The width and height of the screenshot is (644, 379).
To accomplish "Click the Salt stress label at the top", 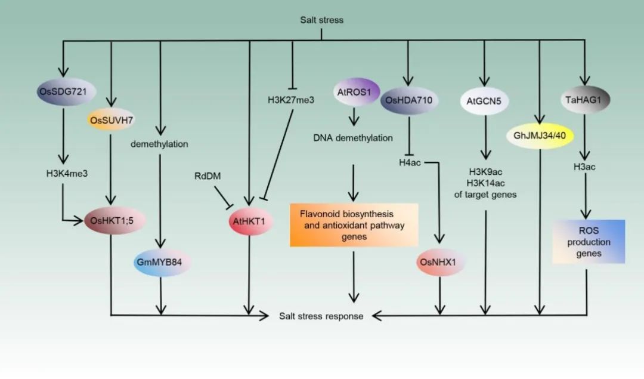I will [321, 20].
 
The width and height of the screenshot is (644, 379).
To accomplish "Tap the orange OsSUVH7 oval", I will [112, 120].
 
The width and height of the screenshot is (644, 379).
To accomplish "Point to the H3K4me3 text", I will [63, 174].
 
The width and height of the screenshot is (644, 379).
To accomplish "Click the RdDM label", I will [207, 177].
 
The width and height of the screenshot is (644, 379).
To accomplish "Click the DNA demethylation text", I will [353, 138].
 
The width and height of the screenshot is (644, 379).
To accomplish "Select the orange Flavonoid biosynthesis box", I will [354, 225].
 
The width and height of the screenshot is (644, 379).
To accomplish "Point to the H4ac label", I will [410, 161].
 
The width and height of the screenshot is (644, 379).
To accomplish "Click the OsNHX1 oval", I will [439, 262].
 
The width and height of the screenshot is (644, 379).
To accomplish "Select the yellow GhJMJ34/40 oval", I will [539, 135].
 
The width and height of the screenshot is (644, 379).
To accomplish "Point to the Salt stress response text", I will [321, 316].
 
